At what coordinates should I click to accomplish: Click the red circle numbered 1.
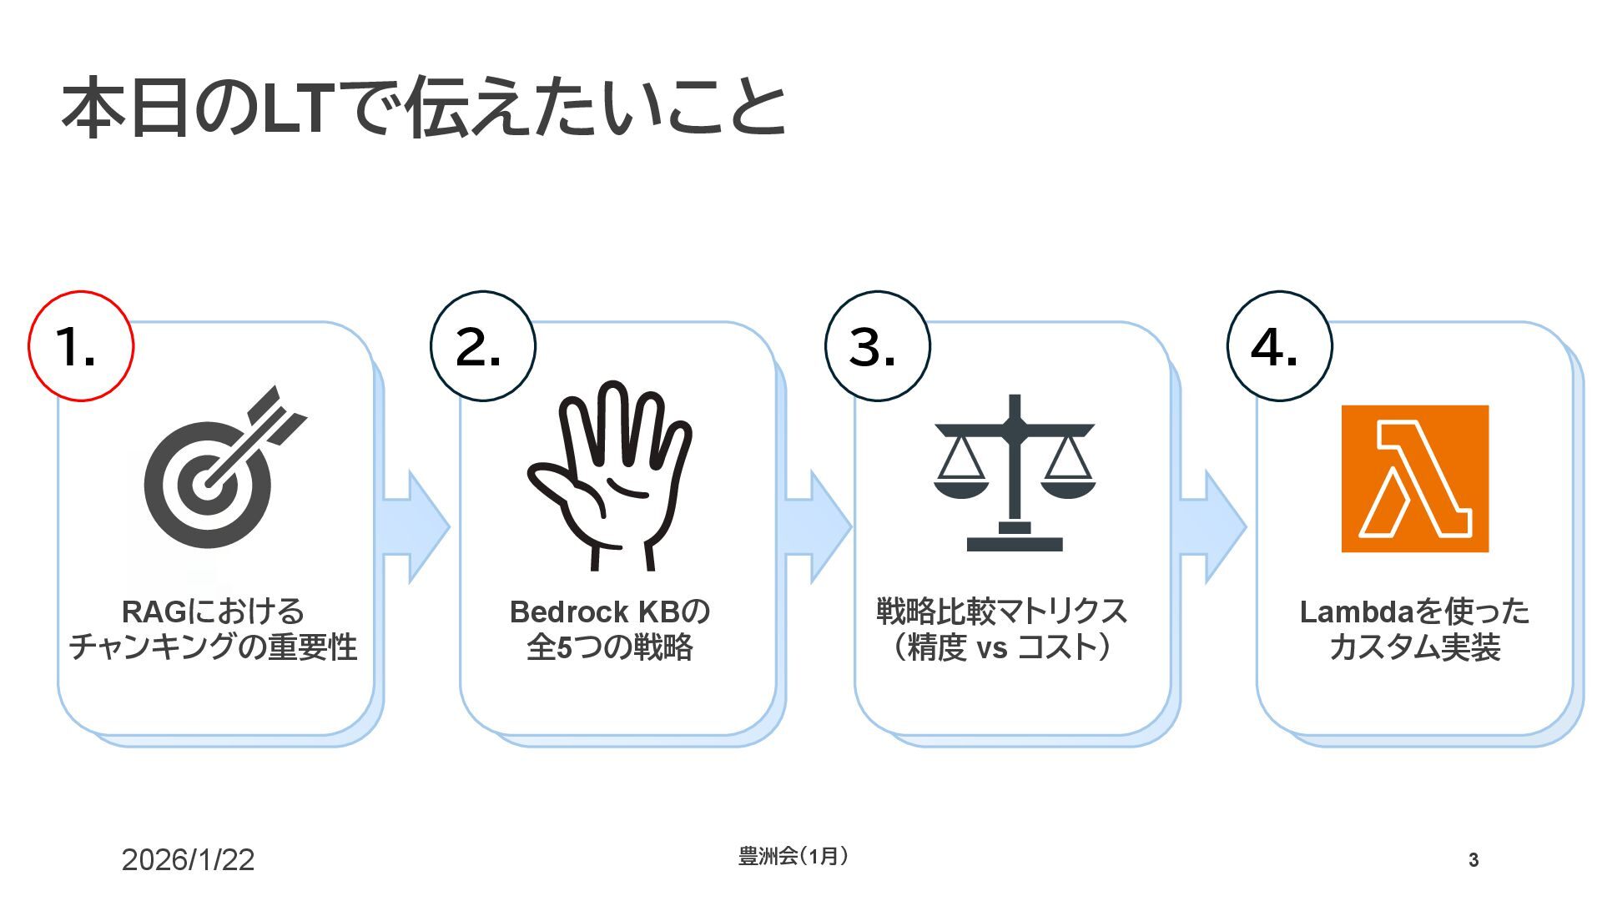(x=81, y=346)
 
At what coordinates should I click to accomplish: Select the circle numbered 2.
(x=483, y=346)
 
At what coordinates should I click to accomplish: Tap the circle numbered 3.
(x=877, y=346)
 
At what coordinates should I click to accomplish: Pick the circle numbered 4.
(x=1279, y=346)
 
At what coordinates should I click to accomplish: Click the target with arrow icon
(x=219, y=471)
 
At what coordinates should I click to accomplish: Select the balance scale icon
(x=1014, y=473)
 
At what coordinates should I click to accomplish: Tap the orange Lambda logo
(x=1414, y=479)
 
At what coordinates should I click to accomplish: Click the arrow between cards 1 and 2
(x=415, y=526)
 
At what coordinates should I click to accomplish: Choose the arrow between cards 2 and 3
(x=817, y=526)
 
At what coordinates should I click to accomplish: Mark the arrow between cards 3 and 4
(x=1212, y=526)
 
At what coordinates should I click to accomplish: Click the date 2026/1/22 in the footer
(x=188, y=860)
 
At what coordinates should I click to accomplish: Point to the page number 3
(x=1474, y=860)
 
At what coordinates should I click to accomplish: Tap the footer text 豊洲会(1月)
(x=793, y=856)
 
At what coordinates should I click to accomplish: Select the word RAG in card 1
(x=154, y=612)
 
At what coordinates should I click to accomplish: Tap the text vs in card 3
(x=992, y=648)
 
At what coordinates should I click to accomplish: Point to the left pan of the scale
(x=960, y=487)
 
